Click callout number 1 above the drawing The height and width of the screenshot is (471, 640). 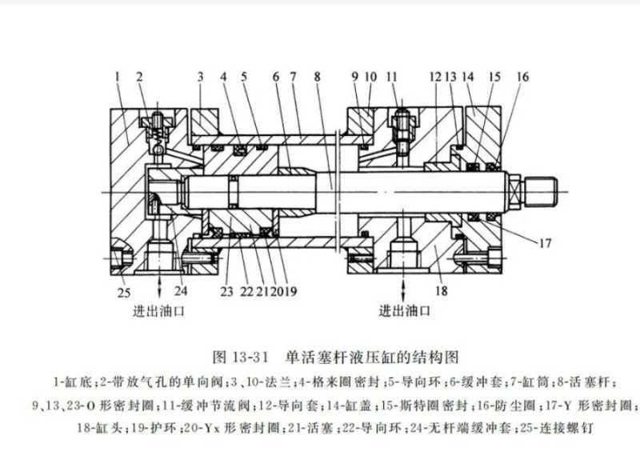click(x=117, y=76)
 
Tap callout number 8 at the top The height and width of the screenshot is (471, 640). click(x=318, y=76)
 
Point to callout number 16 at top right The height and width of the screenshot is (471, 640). click(x=522, y=76)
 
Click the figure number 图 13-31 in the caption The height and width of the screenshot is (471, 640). click(x=239, y=354)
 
